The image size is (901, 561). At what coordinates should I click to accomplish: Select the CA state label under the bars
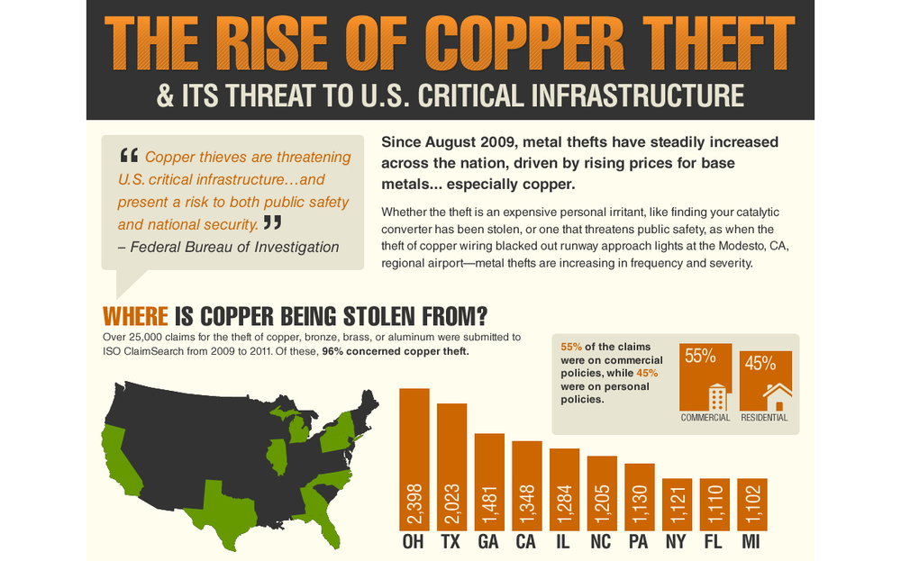pos(527,544)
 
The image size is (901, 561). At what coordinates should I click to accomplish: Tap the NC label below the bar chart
pos(602,544)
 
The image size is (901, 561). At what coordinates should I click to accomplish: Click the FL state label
pos(714,544)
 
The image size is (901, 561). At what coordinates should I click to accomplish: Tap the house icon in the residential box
pos(777,396)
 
